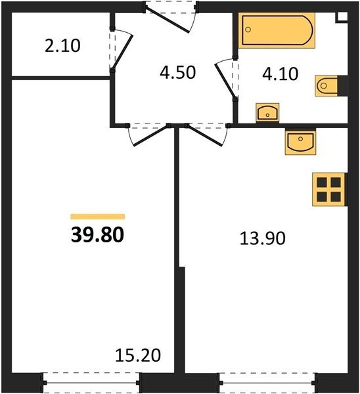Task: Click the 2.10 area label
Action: [x=62, y=46]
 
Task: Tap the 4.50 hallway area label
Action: [x=178, y=73]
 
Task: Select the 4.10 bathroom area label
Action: [x=280, y=74]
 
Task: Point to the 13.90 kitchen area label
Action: [x=263, y=238]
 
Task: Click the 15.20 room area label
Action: [x=138, y=355]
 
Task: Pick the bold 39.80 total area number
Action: [x=97, y=234]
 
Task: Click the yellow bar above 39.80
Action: [x=97, y=216]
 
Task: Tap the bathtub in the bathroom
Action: [x=277, y=30]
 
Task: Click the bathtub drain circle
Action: [x=248, y=30]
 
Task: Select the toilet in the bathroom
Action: [x=326, y=85]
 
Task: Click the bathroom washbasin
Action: [x=267, y=112]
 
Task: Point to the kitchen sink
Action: [x=300, y=141]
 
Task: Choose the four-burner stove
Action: [x=329, y=190]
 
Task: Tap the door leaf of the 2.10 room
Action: [x=123, y=52]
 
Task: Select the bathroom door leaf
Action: [x=225, y=81]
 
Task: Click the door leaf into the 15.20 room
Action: [x=150, y=135]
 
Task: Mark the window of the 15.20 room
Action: [x=91, y=383]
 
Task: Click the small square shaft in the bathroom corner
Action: [x=342, y=17]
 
